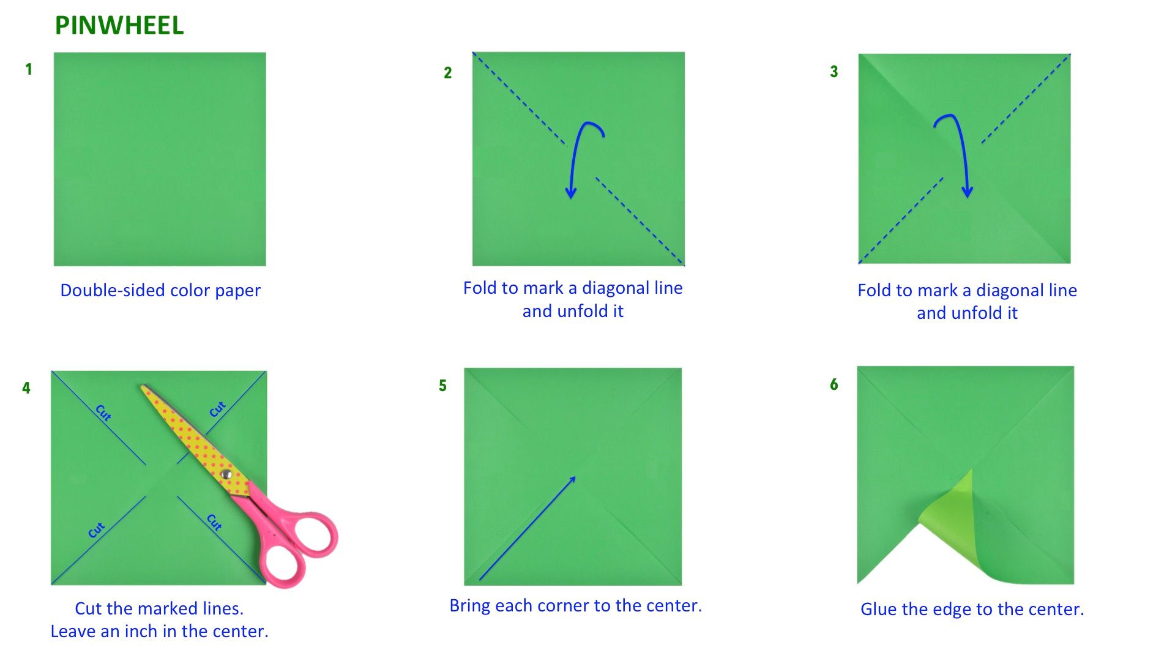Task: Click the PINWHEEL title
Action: coord(119,26)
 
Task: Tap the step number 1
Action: coord(29,69)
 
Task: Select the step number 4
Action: coord(26,388)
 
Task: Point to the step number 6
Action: coord(834,384)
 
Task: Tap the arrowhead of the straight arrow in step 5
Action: coord(572,480)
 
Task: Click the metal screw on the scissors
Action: coord(226,474)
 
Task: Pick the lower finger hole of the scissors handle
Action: coord(283,564)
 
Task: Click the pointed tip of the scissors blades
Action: coord(143,387)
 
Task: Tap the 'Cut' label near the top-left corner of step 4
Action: coord(103,413)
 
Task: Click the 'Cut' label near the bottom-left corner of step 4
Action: coord(97,530)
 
